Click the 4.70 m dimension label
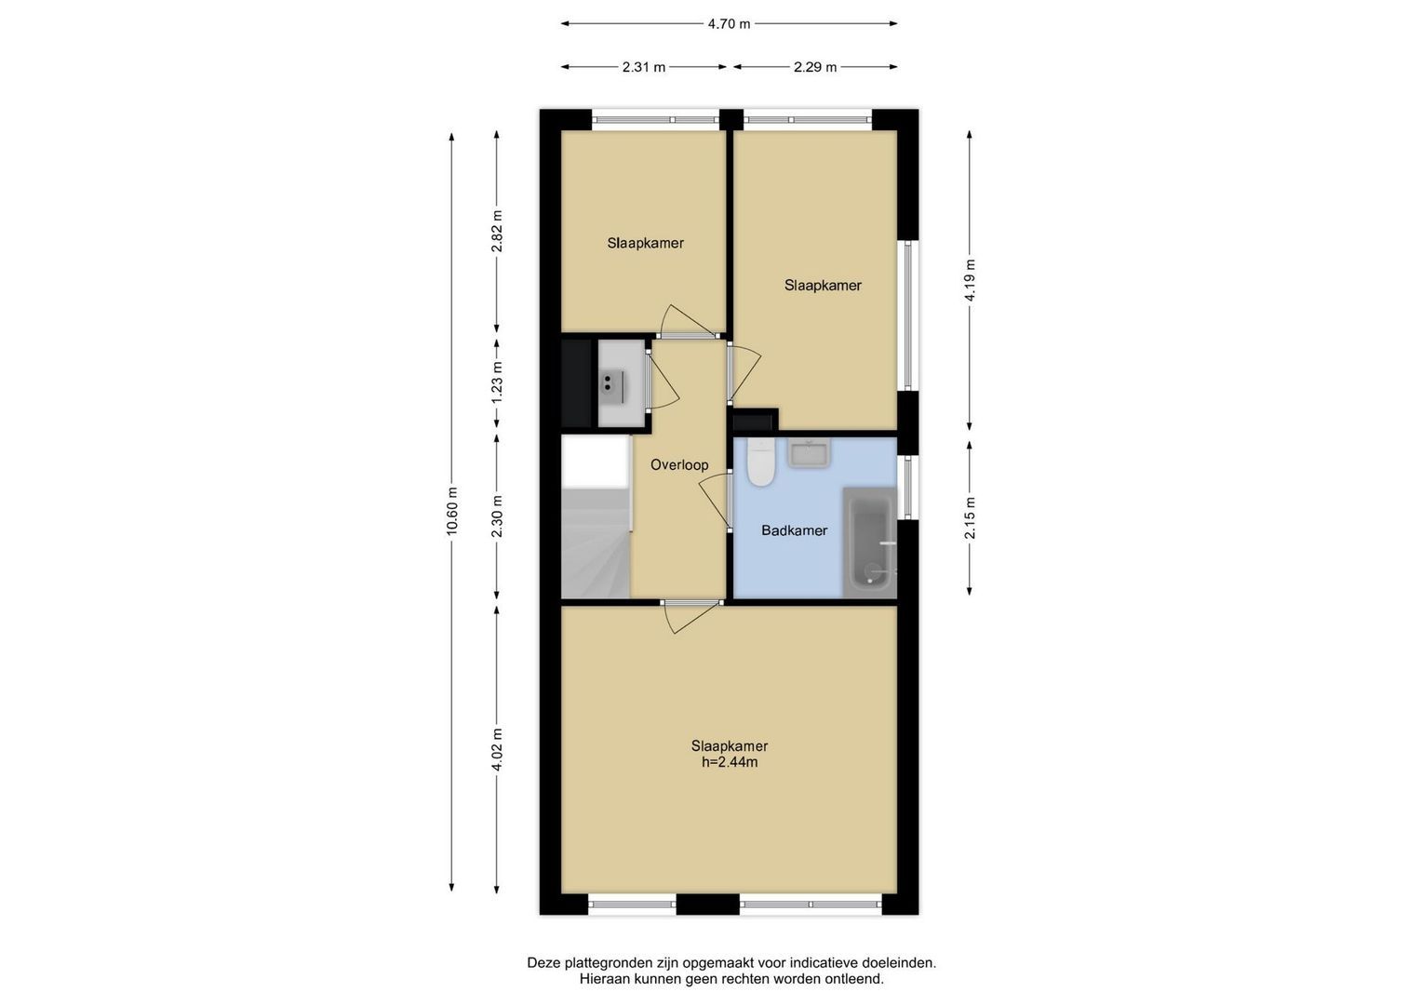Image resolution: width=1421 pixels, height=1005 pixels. tap(729, 24)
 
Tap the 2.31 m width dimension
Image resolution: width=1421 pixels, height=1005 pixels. tap(644, 67)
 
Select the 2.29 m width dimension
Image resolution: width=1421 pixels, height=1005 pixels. tap(815, 67)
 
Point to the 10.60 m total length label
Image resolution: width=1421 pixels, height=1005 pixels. tap(451, 512)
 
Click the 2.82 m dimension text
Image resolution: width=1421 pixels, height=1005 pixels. tap(497, 232)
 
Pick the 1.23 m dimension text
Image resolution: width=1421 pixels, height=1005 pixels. tap(497, 382)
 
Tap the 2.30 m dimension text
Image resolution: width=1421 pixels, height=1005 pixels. tap(497, 516)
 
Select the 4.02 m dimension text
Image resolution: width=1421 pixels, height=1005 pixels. tap(497, 749)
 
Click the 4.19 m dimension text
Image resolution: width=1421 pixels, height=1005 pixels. tap(970, 280)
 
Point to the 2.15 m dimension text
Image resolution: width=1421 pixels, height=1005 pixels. tap(970, 517)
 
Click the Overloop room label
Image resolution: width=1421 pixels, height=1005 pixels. tap(679, 465)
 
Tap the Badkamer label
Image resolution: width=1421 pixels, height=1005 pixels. tap(794, 530)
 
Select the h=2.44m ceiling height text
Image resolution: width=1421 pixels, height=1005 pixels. tap(730, 763)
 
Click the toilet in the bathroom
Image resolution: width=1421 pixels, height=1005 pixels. tap(760, 462)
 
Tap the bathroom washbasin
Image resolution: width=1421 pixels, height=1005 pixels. tap(809, 453)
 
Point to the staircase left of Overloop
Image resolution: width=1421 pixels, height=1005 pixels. tap(596, 517)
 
